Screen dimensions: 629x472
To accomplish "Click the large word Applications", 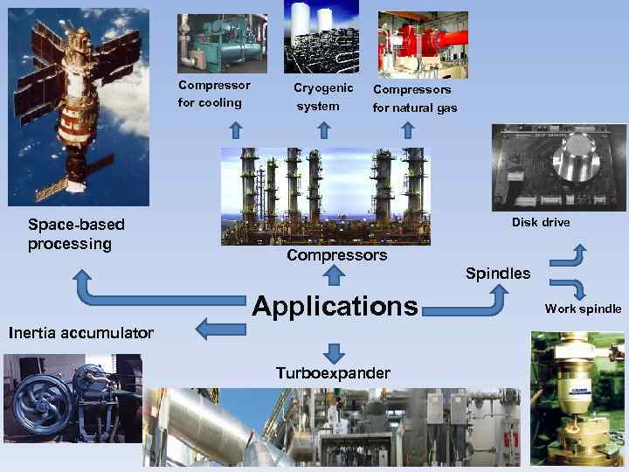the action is pyautogui.click(x=335, y=307).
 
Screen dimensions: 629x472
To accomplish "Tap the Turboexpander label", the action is pyautogui.click(x=333, y=373).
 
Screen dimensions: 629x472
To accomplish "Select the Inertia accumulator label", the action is pyautogui.click(x=80, y=332).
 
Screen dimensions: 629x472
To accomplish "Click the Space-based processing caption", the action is pyautogui.click(x=76, y=233).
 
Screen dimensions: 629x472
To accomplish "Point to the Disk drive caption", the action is pyautogui.click(x=541, y=222).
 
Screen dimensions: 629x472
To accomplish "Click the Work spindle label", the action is pyautogui.click(x=583, y=309).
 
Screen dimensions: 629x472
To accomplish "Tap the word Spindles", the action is pyautogui.click(x=498, y=274).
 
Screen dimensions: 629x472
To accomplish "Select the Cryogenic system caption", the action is pyautogui.click(x=322, y=97).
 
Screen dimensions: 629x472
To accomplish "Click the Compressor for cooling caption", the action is pyautogui.click(x=213, y=94).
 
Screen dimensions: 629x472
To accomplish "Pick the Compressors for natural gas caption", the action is pyautogui.click(x=414, y=98).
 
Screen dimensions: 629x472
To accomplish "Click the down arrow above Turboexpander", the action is pyautogui.click(x=333, y=352).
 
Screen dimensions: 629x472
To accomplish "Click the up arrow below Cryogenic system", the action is pyautogui.click(x=323, y=130).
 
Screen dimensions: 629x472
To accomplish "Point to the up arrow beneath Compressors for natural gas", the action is pyautogui.click(x=407, y=130).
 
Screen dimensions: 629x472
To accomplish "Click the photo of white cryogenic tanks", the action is pyautogui.click(x=321, y=36).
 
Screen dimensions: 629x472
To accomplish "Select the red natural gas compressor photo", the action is pyautogui.click(x=422, y=44).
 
